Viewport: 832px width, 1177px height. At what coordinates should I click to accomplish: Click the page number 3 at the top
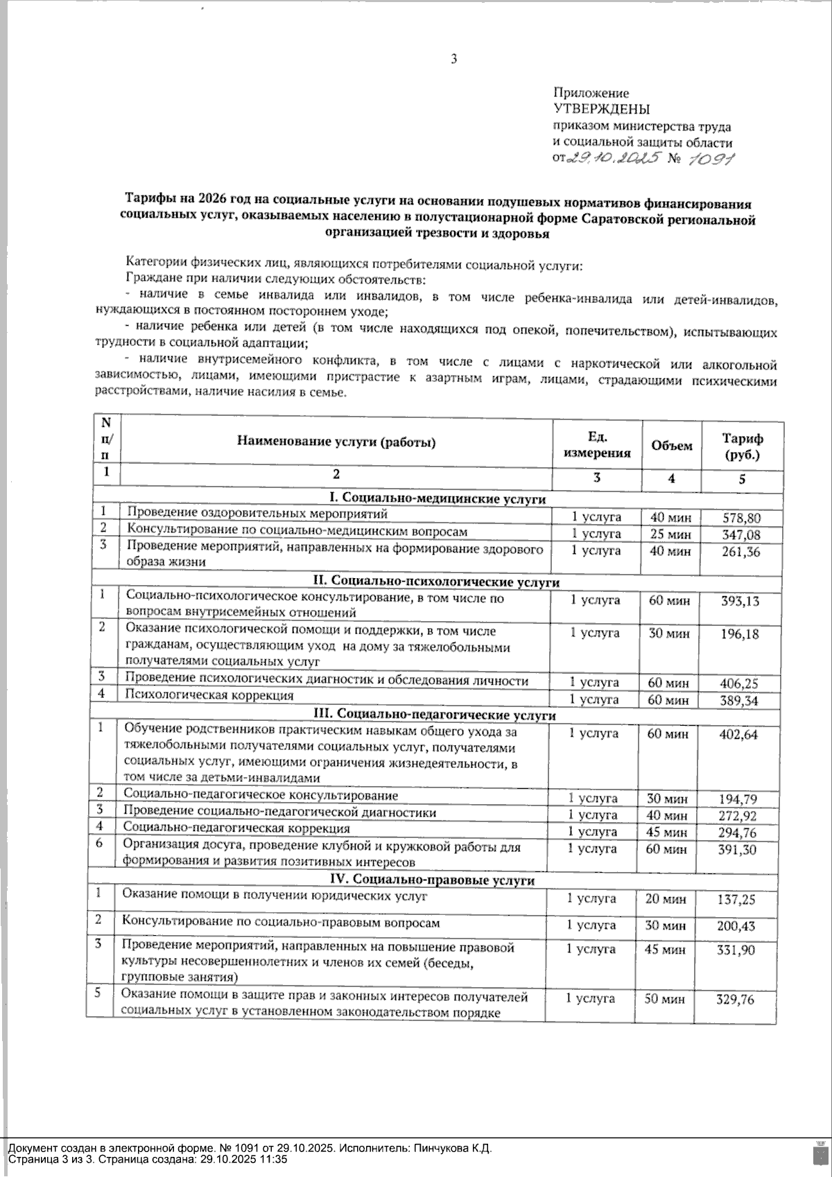coord(453,60)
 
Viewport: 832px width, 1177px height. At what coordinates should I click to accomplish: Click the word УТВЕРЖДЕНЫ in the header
coord(601,109)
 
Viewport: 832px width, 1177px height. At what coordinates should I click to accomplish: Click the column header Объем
coord(671,446)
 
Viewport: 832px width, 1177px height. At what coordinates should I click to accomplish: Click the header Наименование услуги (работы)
coord(336,442)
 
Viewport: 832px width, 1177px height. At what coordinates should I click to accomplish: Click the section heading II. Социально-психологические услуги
coord(437,582)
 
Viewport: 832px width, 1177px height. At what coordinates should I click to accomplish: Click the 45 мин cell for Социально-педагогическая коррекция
coord(667,832)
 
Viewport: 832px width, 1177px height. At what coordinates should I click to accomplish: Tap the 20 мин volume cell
coord(666,899)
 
